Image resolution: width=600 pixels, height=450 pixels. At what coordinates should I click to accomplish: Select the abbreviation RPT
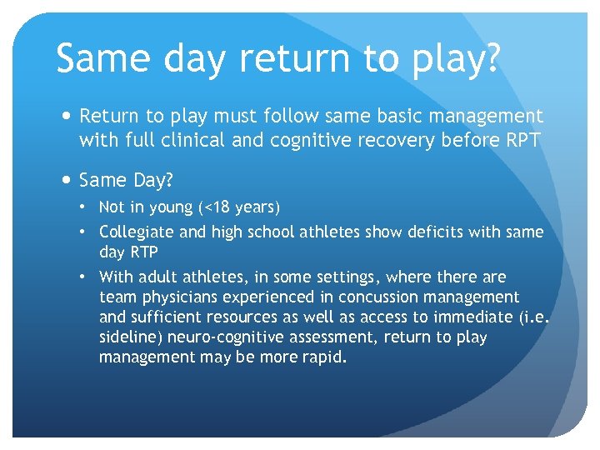(x=519, y=141)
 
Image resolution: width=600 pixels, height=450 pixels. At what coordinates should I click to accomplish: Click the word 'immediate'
(x=460, y=317)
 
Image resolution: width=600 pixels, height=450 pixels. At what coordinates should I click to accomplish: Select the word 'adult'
(x=153, y=277)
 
